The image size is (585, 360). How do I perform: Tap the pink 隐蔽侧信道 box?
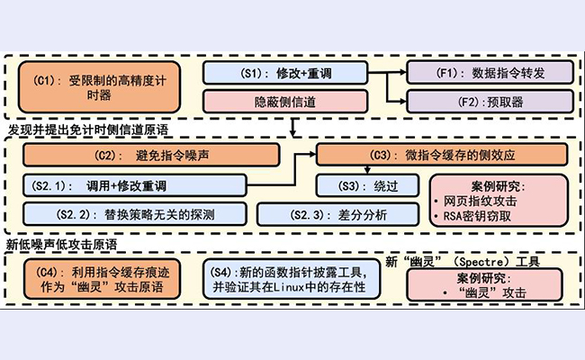[285, 102]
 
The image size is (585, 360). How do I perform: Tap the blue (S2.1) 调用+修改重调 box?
[134, 186]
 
